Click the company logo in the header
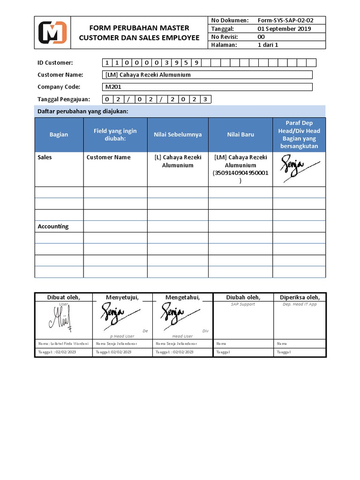(52, 32)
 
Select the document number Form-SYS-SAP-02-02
(285, 20)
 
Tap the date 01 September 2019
(284, 29)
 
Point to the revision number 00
(262, 37)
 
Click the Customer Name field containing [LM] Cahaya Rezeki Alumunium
(207, 75)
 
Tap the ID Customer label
(55, 63)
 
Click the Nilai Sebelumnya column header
(178, 135)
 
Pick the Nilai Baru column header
(240, 135)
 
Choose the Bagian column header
(59, 135)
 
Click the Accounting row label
(53, 226)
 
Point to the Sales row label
(45, 157)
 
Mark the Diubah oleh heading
(243, 297)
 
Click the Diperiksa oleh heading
(300, 297)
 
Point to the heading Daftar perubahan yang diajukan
(83, 111)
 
